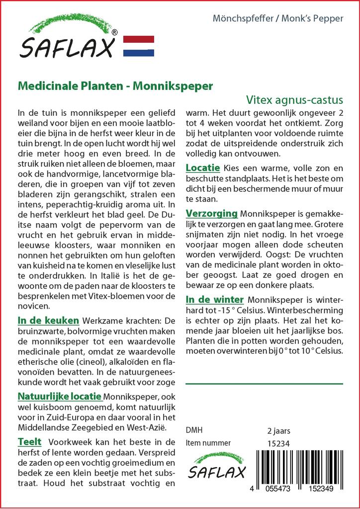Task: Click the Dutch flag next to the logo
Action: tap(138, 46)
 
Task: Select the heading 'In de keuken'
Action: tap(48, 321)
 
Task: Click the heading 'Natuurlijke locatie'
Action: tap(60, 397)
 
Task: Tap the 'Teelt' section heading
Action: tap(29, 441)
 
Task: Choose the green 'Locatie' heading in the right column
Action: tap(203, 168)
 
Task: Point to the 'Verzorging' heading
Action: tap(211, 213)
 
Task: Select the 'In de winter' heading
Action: tap(215, 299)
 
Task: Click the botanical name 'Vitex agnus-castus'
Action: tap(294, 99)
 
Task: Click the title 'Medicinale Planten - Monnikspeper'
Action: tap(115, 85)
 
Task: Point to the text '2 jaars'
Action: tap(278, 430)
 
